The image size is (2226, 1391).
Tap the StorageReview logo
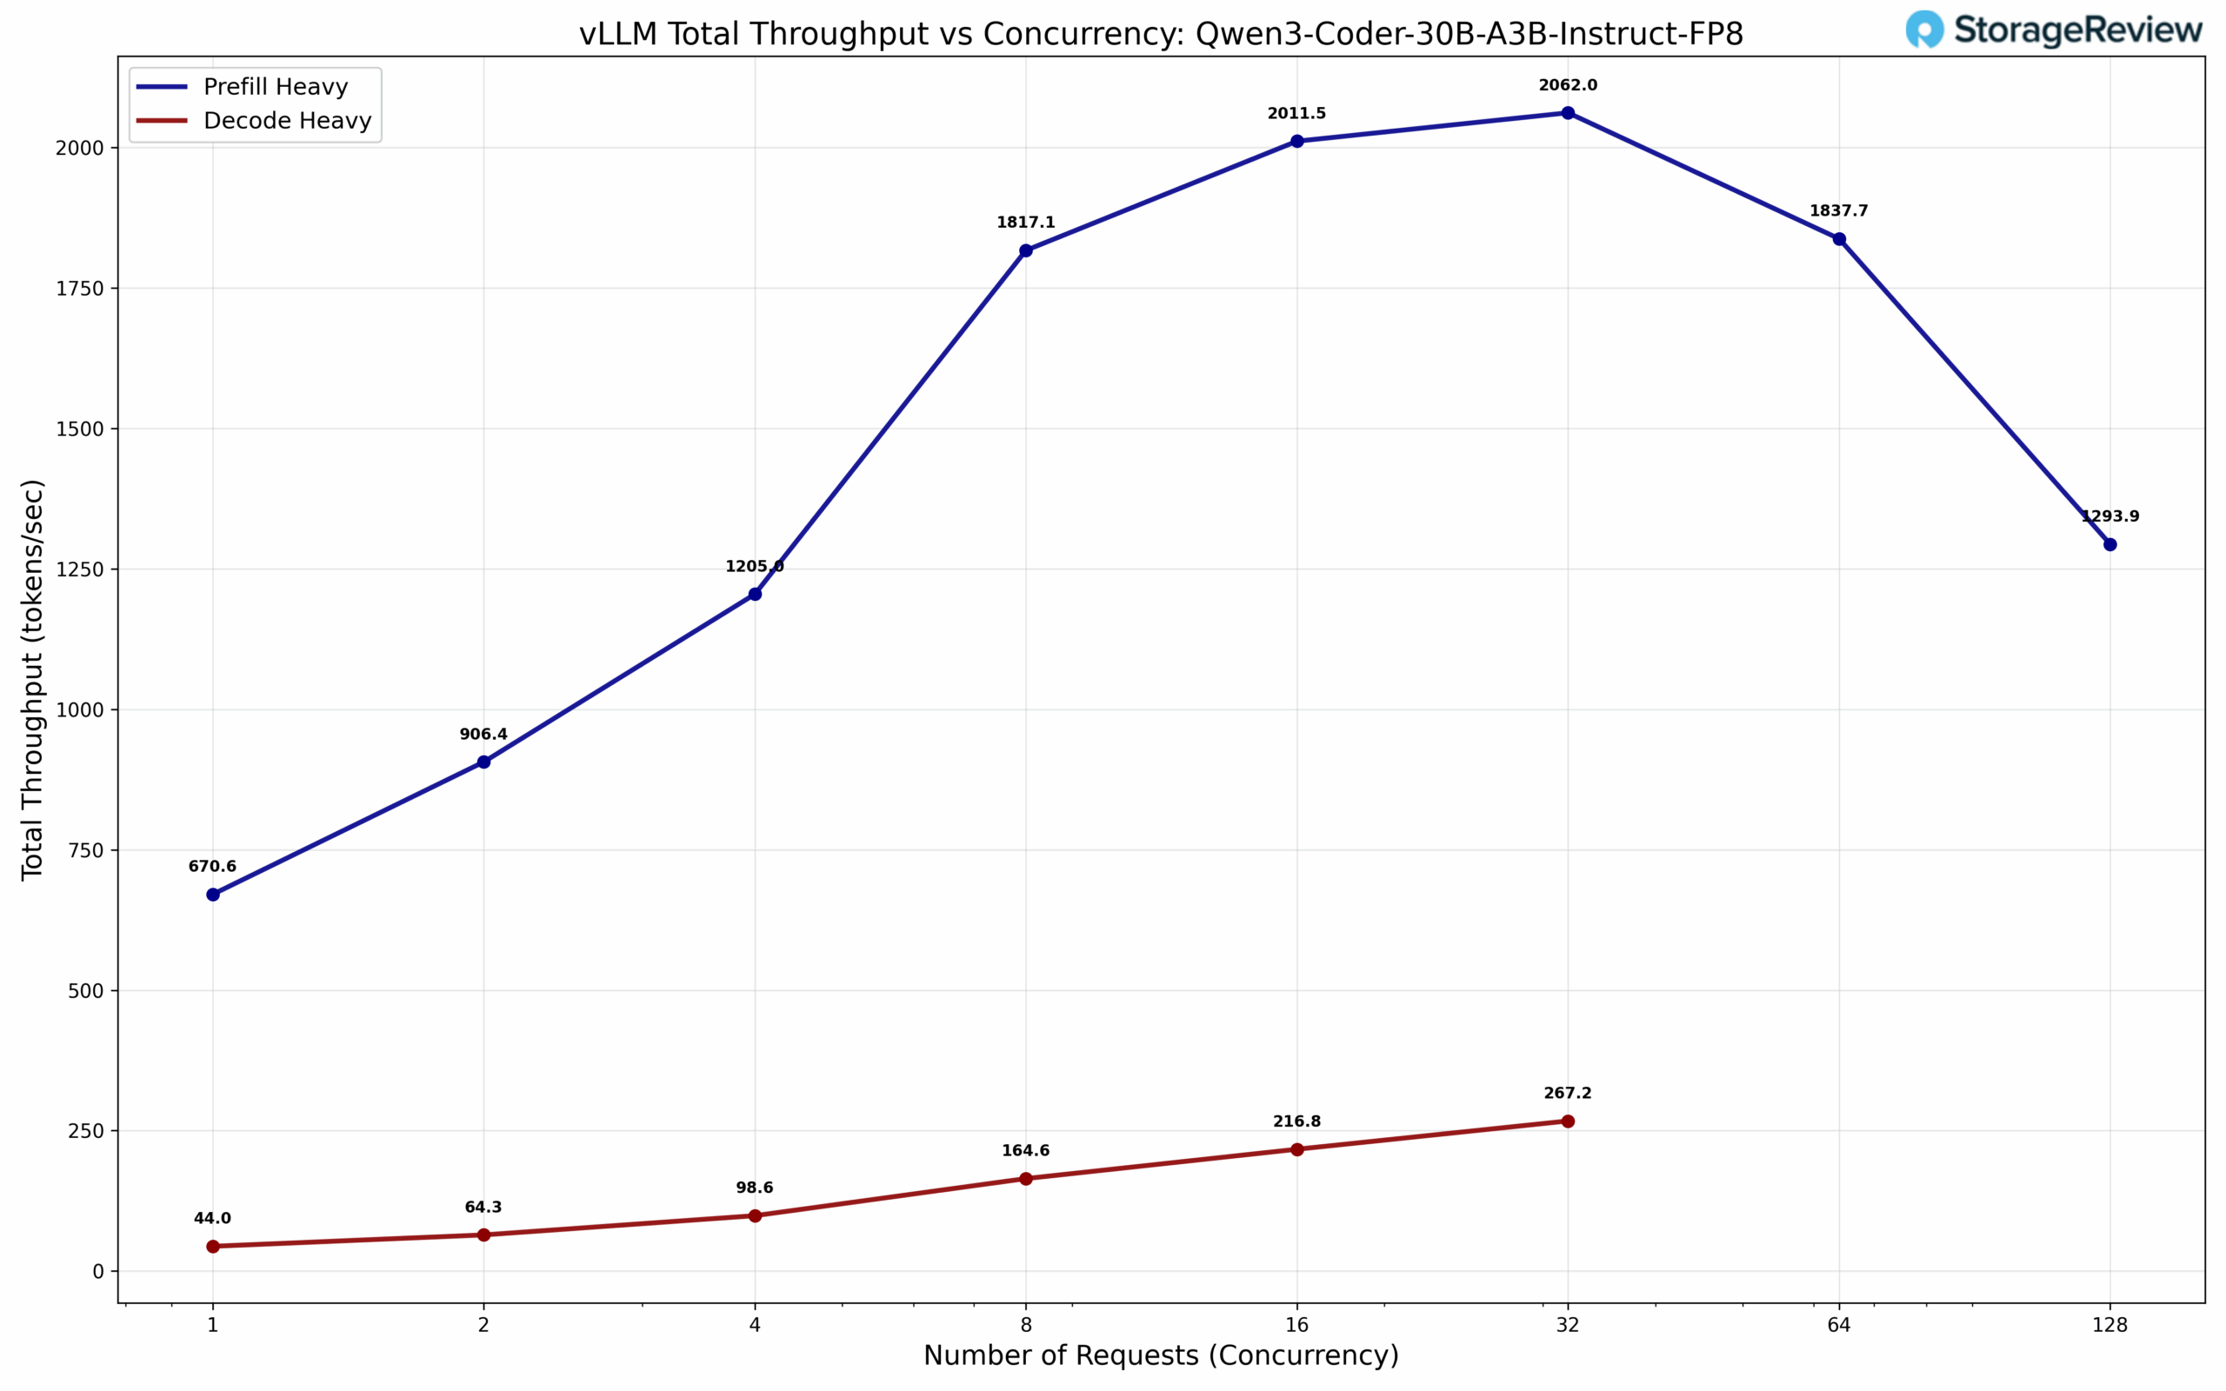point(2053,30)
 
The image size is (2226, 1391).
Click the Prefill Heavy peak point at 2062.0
point(1568,113)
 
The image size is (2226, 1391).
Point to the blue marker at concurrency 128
point(2110,544)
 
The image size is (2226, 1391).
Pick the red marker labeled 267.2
point(1568,1121)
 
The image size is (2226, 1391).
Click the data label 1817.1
point(1026,223)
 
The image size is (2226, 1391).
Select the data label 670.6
point(212,867)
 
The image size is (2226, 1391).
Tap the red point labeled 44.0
point(212,1247)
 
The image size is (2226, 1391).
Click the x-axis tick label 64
point(1839,1325)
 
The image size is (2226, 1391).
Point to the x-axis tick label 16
point(1296,1325)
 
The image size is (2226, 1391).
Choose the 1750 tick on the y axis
point(80,288)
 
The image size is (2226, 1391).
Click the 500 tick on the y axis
point(85,991)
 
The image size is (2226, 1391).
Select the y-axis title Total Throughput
point(32,679)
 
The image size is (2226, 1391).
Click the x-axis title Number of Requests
point(1161,1355)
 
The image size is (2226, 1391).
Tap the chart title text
point(1161,34)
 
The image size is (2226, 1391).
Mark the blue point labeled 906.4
point(483,762)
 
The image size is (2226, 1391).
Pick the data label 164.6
point(1026,1151)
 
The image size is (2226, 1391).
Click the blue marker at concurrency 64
point(1839,239)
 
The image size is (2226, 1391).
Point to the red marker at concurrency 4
point(754,1215)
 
